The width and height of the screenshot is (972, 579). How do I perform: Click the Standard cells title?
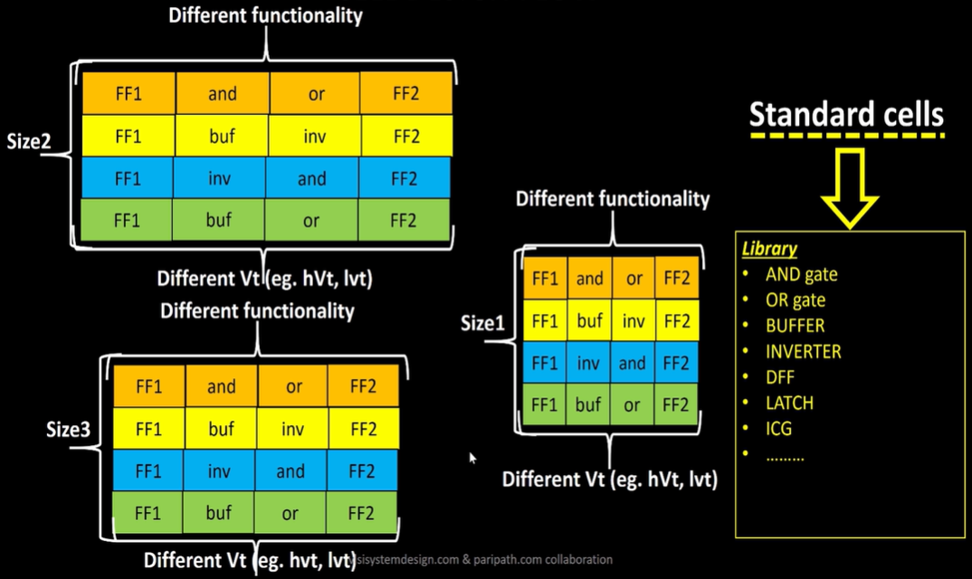click(845, 115)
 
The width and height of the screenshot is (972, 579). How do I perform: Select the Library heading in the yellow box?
click(769, 249)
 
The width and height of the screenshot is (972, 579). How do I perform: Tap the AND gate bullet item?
click(801, 274)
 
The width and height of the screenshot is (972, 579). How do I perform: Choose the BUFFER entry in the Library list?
click(795, 326)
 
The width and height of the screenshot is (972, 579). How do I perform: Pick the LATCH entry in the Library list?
click(789, 403)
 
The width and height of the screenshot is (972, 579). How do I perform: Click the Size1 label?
click(482, 323)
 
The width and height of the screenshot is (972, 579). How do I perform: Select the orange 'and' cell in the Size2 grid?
click(222, 93)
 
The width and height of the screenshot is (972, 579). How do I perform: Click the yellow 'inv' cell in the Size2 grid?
click(314, 136)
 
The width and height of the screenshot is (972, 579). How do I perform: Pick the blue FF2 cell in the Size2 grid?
click(404, 179)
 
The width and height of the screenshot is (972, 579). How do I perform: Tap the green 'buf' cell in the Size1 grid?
click(589, 404)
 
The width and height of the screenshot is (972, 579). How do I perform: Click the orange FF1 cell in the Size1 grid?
click(545, 278)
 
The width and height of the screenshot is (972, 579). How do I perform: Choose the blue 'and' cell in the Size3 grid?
click(291, 471)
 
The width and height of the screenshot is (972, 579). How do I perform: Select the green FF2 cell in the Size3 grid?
click(360, 514)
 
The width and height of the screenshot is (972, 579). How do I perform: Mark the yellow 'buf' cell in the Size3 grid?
click(221, 429)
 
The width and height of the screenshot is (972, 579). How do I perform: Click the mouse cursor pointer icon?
click(472, 458)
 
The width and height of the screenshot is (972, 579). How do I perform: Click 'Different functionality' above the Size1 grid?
click(612, 199)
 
